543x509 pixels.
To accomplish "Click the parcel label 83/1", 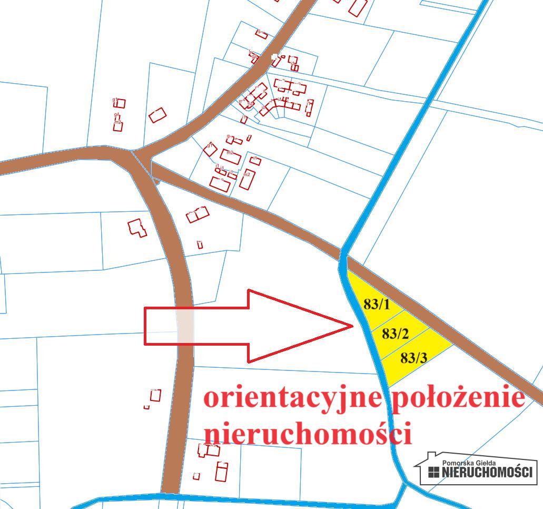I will tap(377, 304).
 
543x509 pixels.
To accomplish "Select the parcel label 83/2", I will tap(396, 334).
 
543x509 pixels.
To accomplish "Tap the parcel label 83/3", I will tap(413, 358).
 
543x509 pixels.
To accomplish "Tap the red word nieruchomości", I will tap(307, 434).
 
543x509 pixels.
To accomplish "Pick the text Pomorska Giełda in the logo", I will tap(469, 463).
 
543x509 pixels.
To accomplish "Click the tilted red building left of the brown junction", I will tap(157, 115).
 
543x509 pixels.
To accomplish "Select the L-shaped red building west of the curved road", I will tap(137, 228).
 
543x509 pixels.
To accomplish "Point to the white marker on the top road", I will tap(274, 56).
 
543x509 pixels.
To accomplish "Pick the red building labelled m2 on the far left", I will tap(118, 126).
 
